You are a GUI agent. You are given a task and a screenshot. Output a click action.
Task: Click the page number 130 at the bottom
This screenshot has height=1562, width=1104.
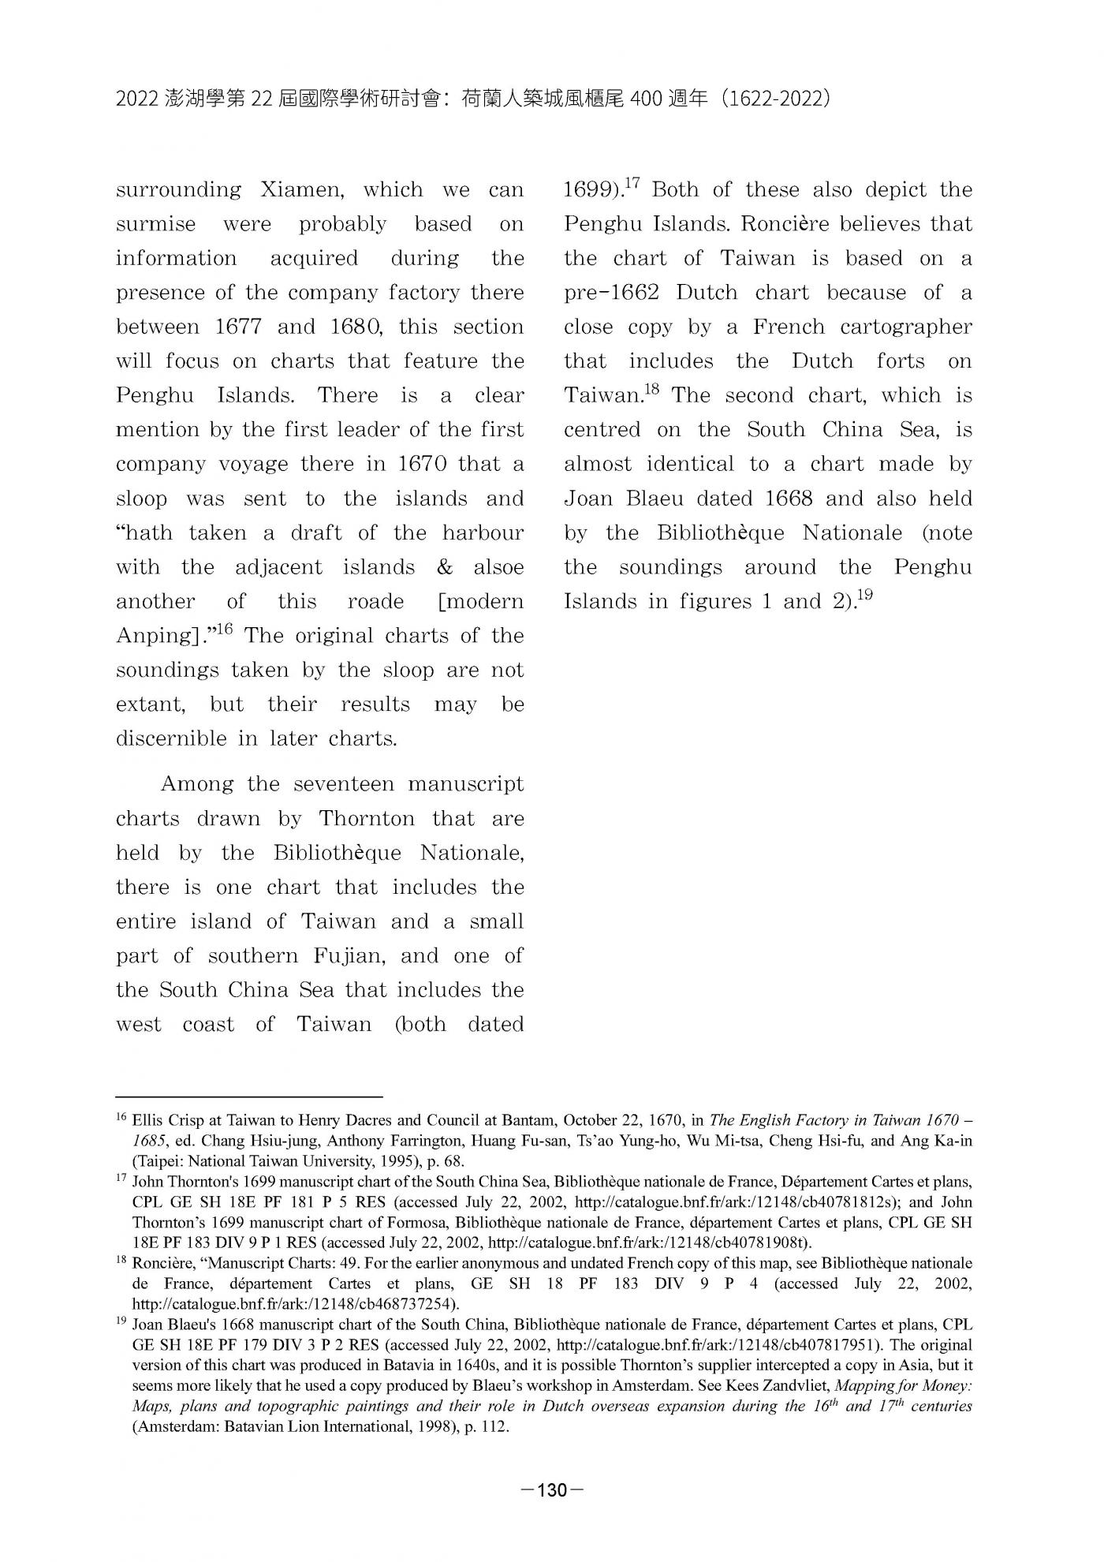(x=552, y=1490)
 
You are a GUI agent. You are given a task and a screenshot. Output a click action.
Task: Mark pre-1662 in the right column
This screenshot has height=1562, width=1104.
(x=611, y=293)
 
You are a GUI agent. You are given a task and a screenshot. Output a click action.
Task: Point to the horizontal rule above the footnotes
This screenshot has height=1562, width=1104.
(x=248, y=1097)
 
